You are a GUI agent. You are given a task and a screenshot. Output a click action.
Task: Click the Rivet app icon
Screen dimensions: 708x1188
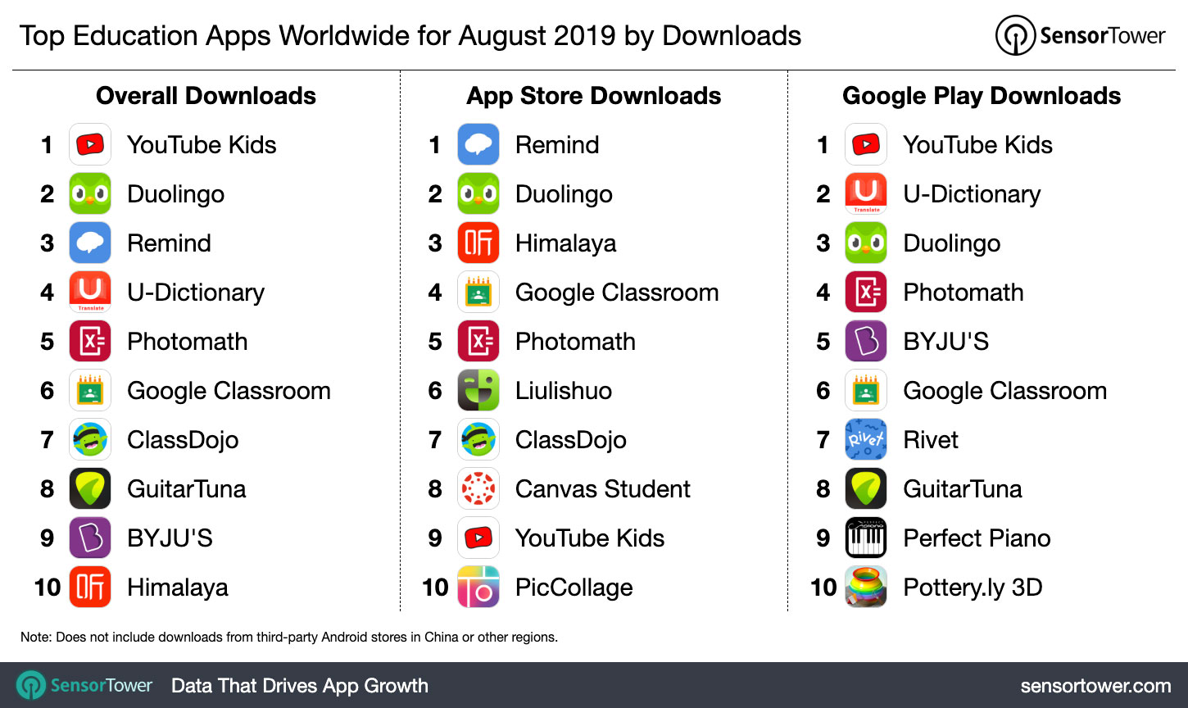866,440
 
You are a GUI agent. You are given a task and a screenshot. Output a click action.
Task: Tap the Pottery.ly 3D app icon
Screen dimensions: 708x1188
866,588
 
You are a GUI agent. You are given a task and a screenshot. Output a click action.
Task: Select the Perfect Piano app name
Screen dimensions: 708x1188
977,538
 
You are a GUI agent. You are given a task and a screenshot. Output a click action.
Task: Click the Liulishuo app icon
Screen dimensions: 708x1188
478,391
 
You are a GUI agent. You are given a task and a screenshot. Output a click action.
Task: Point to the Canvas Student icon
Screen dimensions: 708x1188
478,489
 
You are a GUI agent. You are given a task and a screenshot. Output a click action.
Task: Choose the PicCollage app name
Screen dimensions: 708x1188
574,588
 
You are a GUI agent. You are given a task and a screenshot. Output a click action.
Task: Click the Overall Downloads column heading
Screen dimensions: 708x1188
206,96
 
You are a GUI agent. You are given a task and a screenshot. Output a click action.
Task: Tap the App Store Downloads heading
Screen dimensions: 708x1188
594,96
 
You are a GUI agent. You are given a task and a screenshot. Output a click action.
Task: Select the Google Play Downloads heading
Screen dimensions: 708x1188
982,96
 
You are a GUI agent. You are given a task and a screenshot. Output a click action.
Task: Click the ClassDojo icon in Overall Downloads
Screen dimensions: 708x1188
90,440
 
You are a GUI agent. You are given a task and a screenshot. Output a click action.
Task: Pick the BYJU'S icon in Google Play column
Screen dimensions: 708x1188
866,342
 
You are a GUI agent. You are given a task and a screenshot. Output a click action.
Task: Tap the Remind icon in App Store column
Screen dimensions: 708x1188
478,145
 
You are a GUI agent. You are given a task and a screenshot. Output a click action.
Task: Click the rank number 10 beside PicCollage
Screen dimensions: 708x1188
436,588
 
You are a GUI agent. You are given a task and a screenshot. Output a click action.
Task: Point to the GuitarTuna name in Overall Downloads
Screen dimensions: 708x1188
187,489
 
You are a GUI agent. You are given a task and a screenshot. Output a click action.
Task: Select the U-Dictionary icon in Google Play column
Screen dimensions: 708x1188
866,194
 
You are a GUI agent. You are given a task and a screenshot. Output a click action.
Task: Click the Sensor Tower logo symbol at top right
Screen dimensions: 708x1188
1015,36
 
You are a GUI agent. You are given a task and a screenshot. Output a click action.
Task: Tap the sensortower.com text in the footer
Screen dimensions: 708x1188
1095,686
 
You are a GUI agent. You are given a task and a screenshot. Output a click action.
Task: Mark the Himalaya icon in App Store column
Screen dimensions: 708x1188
478,243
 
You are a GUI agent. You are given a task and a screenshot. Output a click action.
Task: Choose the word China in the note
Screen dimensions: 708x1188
442,637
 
